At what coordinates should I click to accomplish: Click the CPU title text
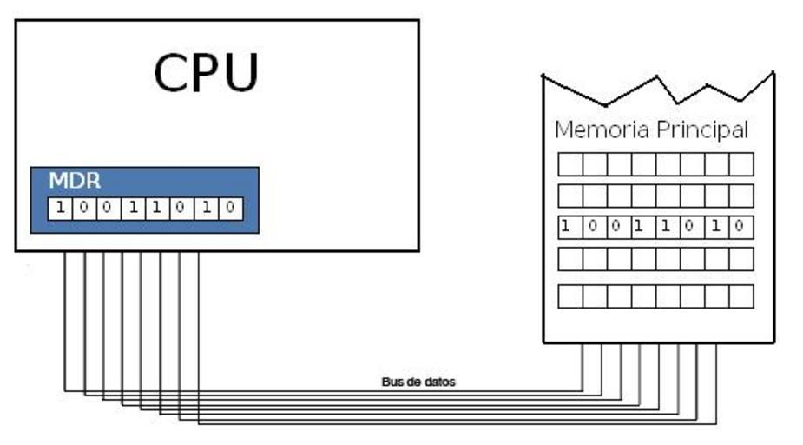coord(206,73)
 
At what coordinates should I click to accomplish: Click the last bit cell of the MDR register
coord(230,209)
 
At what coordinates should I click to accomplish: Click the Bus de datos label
coord(418,382)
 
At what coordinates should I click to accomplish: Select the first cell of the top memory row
coord(569,164)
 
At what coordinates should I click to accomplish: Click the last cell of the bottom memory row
coord(741,296)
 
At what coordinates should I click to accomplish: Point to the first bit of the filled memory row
coord(567,228)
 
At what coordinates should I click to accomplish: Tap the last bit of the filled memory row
coord(740,228)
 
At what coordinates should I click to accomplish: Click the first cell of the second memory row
coord(569,196)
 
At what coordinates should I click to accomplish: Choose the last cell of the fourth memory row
coord(741,259)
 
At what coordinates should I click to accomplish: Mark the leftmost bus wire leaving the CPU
coord(64,322)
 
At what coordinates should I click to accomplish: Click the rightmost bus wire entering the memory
coord(716,382)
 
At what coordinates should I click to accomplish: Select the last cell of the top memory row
coord(741,164)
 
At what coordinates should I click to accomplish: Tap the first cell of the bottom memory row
coord(569,296)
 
